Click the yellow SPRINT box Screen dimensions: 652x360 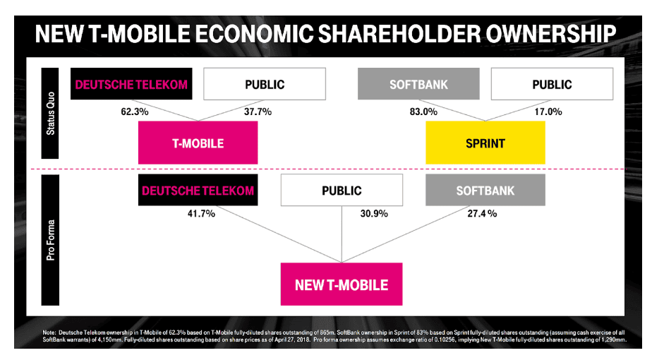click(x=485, y=143)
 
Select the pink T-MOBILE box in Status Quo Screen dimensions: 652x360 click(x=198, y=143)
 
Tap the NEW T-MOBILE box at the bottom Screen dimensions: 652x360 click(x=342, y=284)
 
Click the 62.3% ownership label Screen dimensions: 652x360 click(x=135, y=112)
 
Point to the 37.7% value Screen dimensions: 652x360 click(x=258, y=112)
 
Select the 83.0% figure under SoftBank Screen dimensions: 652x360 click(x=423, y=112)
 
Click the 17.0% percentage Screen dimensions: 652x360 click(x=548, y=112)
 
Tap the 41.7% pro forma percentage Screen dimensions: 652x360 click(x=201, y=213)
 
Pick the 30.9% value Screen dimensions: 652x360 click(x=374, y=213)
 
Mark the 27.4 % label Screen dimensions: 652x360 click(x=482, y=213)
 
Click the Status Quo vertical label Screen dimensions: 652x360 click(x=50, y=113)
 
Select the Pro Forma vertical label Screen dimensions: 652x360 click(x=50, y=240)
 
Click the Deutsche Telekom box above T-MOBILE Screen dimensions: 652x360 click(x=131, y=84)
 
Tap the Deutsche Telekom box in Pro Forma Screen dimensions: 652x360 click(x=198, y=190)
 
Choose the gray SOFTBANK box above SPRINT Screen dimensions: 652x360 click(x=418, y=84)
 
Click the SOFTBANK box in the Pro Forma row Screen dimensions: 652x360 click(x=485, y=190)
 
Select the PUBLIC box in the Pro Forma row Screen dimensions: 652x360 click(x=342, y=190)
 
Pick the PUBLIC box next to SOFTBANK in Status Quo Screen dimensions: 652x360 click(x=553, y=84)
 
